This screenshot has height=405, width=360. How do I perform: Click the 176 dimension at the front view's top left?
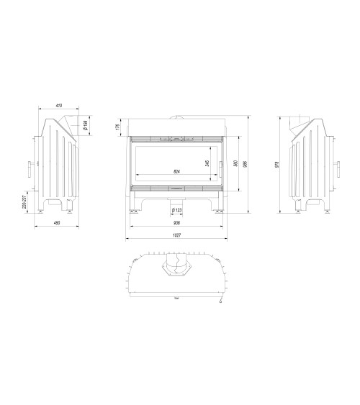pos(117,127)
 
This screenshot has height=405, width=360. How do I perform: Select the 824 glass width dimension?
pos(178,172)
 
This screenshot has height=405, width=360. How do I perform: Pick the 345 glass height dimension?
pos(207,163)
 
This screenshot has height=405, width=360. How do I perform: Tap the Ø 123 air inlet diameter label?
pos(177,210)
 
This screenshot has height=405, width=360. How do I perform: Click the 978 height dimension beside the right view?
pos(277,163)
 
